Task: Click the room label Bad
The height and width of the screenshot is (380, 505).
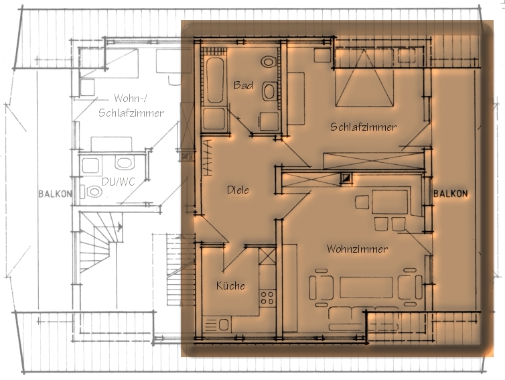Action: (243, 85)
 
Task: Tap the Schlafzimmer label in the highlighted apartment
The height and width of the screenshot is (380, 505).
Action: (363, 127)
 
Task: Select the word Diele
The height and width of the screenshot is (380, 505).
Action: (238, 190)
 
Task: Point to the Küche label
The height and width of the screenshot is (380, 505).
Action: (230, 286)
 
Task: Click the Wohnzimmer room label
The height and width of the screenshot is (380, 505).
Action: (357, 249)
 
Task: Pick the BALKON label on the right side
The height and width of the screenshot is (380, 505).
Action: (450, 194)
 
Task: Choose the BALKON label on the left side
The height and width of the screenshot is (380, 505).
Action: (55, 194)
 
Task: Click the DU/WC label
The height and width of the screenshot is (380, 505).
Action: (118, 182)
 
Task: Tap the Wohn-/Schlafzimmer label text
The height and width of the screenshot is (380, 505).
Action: (131, 105)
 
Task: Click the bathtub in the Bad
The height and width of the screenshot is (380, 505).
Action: (215, 80)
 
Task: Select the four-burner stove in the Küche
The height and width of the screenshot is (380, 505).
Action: (268, 298)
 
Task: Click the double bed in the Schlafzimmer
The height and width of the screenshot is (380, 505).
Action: (364, 77)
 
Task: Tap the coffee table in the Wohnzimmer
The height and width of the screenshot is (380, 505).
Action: (366, 287)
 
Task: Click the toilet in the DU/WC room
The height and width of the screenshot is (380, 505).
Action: (92, 192)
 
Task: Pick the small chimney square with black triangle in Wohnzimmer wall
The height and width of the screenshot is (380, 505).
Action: (347, 178)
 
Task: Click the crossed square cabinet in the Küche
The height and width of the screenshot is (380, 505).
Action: (268, 256)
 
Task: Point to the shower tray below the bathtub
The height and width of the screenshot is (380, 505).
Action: (214, 119)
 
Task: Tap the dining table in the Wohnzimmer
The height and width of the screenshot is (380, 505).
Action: (390, 202)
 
